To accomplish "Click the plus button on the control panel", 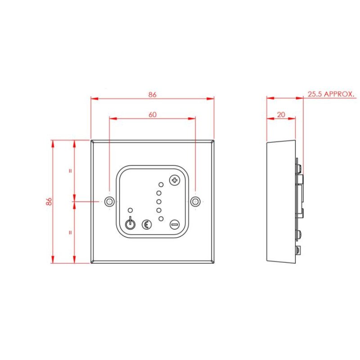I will click(x=174, y=180).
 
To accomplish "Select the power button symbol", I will click(x=130, y=224).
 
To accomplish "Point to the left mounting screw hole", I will click(x=108, y=202).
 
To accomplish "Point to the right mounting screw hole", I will click(x=195, y=202).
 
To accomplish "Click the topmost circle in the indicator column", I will click(x=161, y=185).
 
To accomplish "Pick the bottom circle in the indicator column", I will click(x=161, y=218).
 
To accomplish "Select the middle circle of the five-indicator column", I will click(x=159, y=202).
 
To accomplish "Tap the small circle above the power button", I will click(x=130, y=210).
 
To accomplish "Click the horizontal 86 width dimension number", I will click(x=152, y=94).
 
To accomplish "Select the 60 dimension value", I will click(x=152, y=115).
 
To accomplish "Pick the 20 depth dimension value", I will click(x=281, y=115).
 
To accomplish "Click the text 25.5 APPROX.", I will click(x=332, y=94).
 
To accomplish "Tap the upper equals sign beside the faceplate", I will click(x=70, y=171).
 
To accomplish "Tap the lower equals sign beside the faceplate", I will click(x=70, y=233).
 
